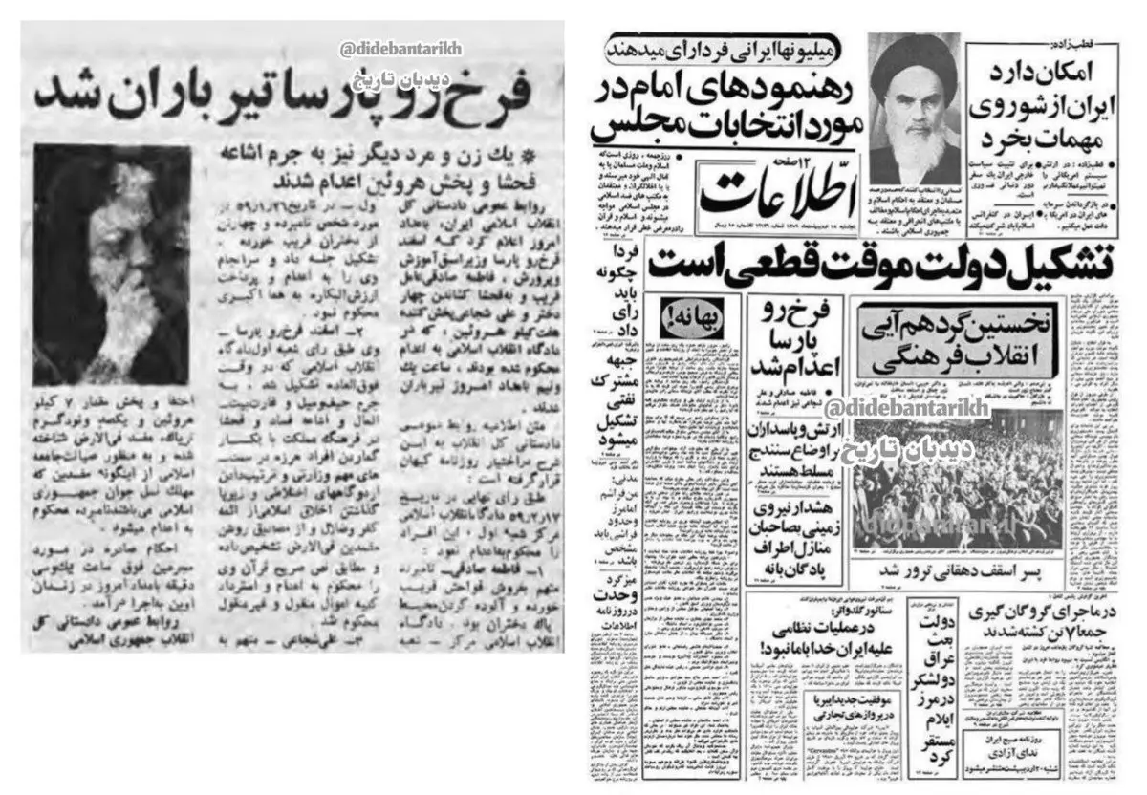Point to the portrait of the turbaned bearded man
[x=912, y=100]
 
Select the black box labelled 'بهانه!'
[x=700, y=313]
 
